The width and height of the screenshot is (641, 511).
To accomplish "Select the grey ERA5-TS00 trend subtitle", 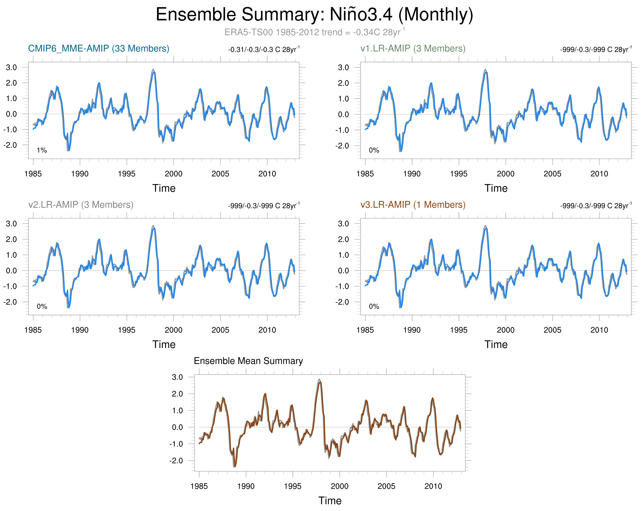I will [x=314, y=32].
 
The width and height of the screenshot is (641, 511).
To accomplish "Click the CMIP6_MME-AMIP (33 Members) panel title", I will [x=98, y=48].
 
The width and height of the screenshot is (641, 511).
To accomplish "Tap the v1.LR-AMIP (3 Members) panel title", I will [x=413, y=48].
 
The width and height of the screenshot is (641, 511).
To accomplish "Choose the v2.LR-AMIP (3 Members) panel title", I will [x=80, y=205].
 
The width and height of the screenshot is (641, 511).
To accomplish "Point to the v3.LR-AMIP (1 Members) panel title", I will [x=413, y=205].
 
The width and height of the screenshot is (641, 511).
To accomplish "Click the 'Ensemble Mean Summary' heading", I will [x=248, y=361].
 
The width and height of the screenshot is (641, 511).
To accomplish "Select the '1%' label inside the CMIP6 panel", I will [x=42, y=150].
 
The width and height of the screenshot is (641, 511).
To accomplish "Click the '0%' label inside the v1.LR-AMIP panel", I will [x=374, y=150].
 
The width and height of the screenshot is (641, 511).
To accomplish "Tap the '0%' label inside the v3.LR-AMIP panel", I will [x=374, y=306].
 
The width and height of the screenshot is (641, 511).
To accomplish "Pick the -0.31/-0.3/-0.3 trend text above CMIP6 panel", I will [x=264, y=49].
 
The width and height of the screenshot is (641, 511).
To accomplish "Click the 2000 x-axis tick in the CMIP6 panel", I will [x=173, y=174].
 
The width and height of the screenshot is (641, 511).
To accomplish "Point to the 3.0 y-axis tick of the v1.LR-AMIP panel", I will [x=343, y=68].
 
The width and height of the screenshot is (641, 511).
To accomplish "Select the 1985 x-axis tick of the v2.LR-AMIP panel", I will [x=33, y=330].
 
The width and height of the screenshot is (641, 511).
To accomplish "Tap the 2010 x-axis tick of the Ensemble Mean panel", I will [x=433, y=486].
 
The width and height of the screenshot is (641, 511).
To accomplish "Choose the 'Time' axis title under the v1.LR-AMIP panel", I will [x=496, y=188].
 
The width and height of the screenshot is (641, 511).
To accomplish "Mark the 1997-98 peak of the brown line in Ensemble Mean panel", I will [x=320, y=382].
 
